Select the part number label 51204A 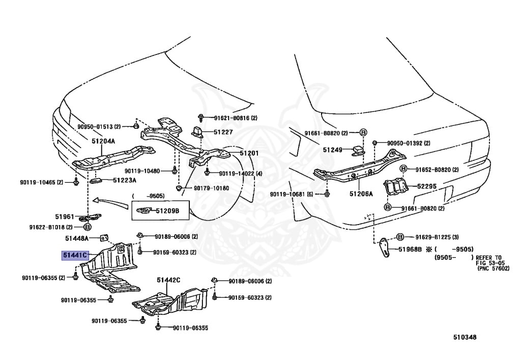pos(103,141)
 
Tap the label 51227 pos(223,132)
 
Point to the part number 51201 pos(249,153)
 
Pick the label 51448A pos(77,238)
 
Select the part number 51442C pos(169,280)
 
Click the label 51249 pos(332,150)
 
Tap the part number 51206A pos(361,193)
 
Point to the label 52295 pos(427,186)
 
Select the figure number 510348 pos(466,337)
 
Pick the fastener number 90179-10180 pos(211,188)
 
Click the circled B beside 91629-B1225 pos(400,237)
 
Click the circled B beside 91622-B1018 pos(87,227)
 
